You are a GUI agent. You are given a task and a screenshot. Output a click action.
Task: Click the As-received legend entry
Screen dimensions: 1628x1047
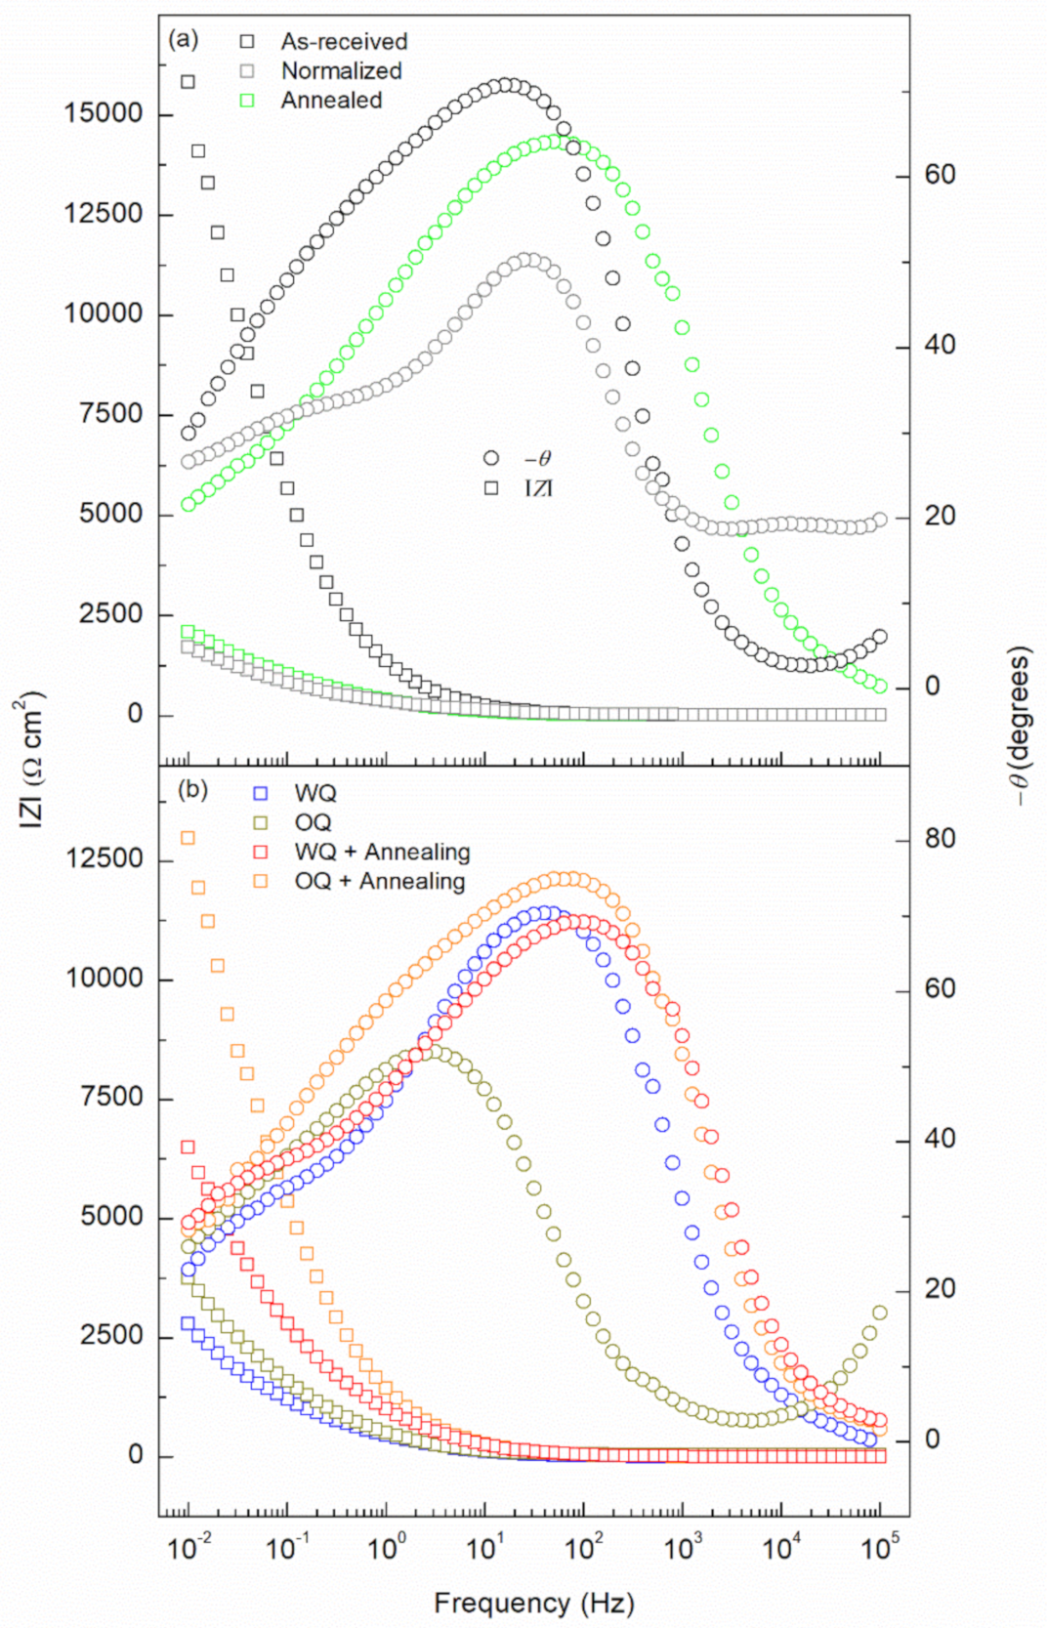343,42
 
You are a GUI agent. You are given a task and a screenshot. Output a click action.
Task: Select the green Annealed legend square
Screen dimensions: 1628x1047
247,101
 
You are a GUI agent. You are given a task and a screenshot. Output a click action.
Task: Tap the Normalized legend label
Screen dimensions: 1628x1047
341,71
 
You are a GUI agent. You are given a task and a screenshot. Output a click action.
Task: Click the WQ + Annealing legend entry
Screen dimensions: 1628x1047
382,853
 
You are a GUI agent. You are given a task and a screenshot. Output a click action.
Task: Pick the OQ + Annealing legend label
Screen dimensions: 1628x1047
380,882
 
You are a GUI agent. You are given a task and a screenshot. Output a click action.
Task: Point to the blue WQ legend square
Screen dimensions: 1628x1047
261,793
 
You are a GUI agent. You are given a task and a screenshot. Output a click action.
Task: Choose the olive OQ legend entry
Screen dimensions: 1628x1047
313,823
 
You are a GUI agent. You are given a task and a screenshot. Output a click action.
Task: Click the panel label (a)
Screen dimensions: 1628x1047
183,40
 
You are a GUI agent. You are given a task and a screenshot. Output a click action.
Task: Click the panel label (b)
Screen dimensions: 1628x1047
191,789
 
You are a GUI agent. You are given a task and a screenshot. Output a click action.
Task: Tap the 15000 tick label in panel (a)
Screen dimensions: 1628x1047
104,113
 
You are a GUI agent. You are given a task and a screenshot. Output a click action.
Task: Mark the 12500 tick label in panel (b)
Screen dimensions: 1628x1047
104,858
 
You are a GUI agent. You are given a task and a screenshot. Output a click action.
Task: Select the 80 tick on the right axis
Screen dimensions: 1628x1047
940,838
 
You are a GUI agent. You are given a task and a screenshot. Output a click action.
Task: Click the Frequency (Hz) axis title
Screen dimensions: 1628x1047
533,1604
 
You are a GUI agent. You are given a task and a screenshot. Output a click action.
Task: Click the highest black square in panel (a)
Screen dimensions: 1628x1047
188,82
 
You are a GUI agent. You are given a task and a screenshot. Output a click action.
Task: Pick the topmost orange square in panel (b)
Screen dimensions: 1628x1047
188,838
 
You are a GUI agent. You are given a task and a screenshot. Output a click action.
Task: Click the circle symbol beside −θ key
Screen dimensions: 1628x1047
491,458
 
